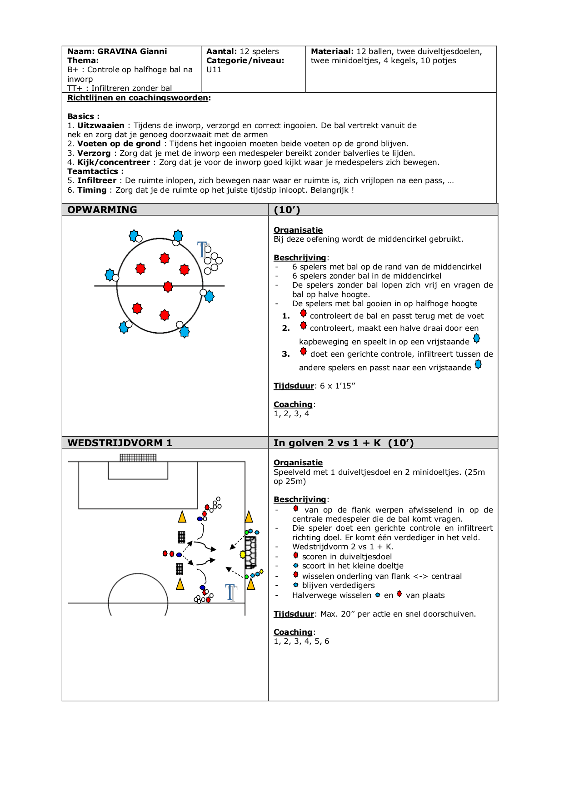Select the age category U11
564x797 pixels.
point(214,70)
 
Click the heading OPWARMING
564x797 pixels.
point(102,210)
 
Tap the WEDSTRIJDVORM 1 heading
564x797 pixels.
point(120,443)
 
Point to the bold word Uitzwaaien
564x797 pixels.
point(101,125)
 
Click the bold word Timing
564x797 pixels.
point(92,190)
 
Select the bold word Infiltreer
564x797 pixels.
point(97,180)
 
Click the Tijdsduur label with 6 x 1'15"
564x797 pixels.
point(294,386)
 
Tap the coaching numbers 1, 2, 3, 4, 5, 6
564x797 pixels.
point(301,641)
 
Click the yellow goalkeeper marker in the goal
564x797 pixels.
point(243,554)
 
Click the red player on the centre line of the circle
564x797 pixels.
point(168,287)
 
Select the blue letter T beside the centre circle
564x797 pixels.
point(203,249)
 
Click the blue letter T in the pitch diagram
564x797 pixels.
point(231,592)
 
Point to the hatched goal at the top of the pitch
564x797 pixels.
point(138,457)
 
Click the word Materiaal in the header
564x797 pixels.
point(332,51)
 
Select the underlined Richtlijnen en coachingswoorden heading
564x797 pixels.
point(138,98)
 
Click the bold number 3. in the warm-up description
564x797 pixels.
point(286,354)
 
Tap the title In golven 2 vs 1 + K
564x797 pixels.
point(327,443)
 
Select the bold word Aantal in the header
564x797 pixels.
point(221,51)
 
